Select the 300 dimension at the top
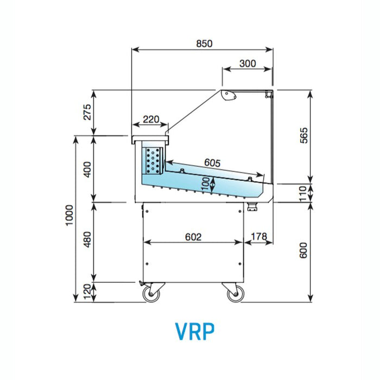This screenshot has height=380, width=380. tap(247, 63)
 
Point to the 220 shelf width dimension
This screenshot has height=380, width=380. tap(150, 119)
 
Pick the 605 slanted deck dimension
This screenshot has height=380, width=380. tap(212, 162)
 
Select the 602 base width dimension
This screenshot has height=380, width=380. tap(193, 237)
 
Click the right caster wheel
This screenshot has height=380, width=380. tap(235, 295)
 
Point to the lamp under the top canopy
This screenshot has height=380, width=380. tap(230, 96)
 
